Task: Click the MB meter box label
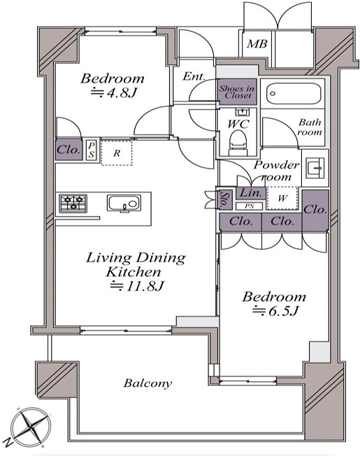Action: [x=257, y=44]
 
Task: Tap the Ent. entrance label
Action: [x=194, y=76]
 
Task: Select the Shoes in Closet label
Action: [x=237, y=92]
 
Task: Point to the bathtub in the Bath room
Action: [x=294, y=93]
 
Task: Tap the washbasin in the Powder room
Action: [x=315, y=168]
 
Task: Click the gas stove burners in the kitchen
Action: [x=73, y=203]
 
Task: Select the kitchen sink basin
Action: [x=124, y=202]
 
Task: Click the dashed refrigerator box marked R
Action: [x=117, y=153]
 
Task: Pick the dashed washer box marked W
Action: [x=282, y=198]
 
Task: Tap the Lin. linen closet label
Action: [x=251, y=192]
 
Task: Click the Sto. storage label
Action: [x=224, y=199]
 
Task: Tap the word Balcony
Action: [x=147, y=383]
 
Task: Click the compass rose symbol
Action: [x=31, y=427]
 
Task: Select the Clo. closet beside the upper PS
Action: [x=69, y=150]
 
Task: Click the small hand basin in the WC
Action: [x=242, y=112]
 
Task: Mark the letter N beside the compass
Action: [x=9, y=442]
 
